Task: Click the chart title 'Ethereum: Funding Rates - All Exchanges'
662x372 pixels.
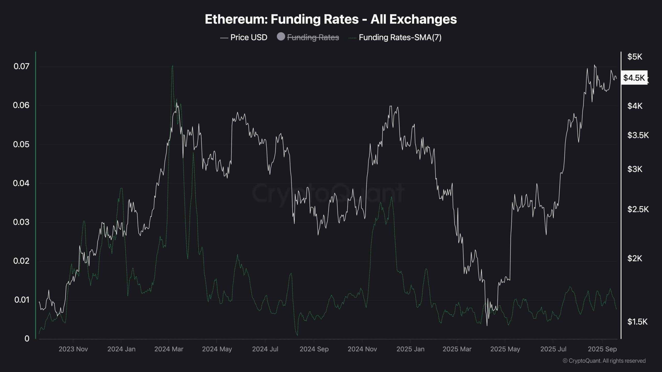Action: (331, 19)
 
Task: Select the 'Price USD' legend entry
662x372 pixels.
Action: (243, 37)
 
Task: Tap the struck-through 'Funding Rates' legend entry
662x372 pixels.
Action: (308, 37)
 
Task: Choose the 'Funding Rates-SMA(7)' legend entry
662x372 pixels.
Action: (395, 37)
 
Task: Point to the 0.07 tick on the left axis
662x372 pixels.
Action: (21, 66)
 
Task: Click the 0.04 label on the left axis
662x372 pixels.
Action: (21, 183)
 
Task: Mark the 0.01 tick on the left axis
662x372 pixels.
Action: (22, 300)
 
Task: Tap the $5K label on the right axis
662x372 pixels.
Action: (635, 57)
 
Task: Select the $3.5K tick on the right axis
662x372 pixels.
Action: (638, 135)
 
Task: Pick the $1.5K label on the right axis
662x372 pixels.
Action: (637, 322)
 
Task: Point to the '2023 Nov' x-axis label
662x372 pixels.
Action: (73, 349)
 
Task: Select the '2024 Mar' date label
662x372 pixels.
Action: (169, 349)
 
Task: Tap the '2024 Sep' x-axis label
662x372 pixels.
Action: (314, 349)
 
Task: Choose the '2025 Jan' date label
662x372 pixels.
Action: (410, 349)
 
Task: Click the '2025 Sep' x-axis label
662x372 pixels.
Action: (602, 349)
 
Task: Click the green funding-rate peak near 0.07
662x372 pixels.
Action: (172, 66)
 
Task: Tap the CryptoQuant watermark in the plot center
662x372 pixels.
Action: (328, 193)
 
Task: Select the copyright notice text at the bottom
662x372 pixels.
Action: (604, 361)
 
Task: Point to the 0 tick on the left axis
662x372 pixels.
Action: (27, 339)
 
